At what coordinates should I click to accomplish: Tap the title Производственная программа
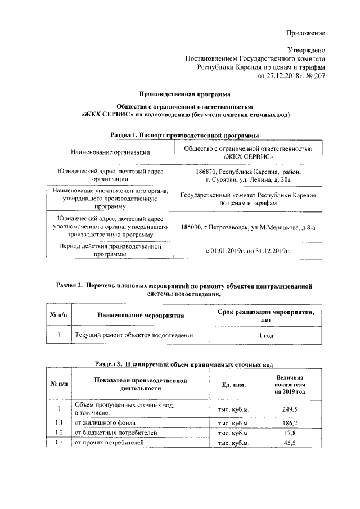pos(185,94)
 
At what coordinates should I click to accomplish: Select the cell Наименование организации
pos(110,152)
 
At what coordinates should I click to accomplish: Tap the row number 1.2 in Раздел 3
pos(58,433)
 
